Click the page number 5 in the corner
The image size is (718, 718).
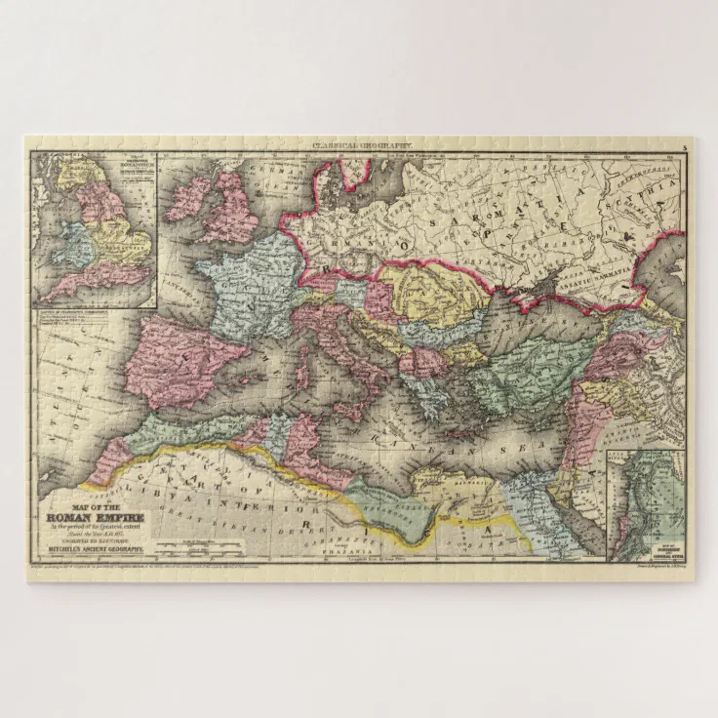coord(685,145)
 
